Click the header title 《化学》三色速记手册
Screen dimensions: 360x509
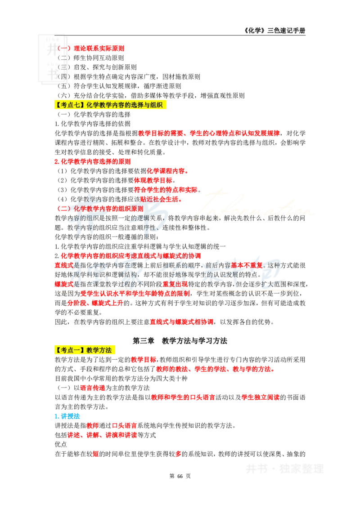(274, 31)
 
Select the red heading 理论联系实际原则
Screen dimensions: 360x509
(99, 49)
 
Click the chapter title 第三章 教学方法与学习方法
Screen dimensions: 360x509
(180, 340)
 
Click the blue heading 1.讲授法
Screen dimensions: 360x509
(67, 416)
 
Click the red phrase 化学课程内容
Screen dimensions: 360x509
(166, 171)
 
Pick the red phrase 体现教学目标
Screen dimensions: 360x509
(153, 180)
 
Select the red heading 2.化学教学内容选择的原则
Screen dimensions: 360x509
(93, 161)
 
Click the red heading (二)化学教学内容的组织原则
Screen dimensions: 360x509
(100, 208)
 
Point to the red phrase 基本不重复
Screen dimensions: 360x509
(247, 265)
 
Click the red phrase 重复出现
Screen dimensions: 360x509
(175, 284)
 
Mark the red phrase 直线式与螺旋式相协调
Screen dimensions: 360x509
(182, 321)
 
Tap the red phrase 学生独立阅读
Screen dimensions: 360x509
(261, 397)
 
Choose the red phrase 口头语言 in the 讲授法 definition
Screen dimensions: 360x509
(125, 425)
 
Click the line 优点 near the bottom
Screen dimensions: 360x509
(61, 444)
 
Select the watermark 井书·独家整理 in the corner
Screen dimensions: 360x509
(284, 469)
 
